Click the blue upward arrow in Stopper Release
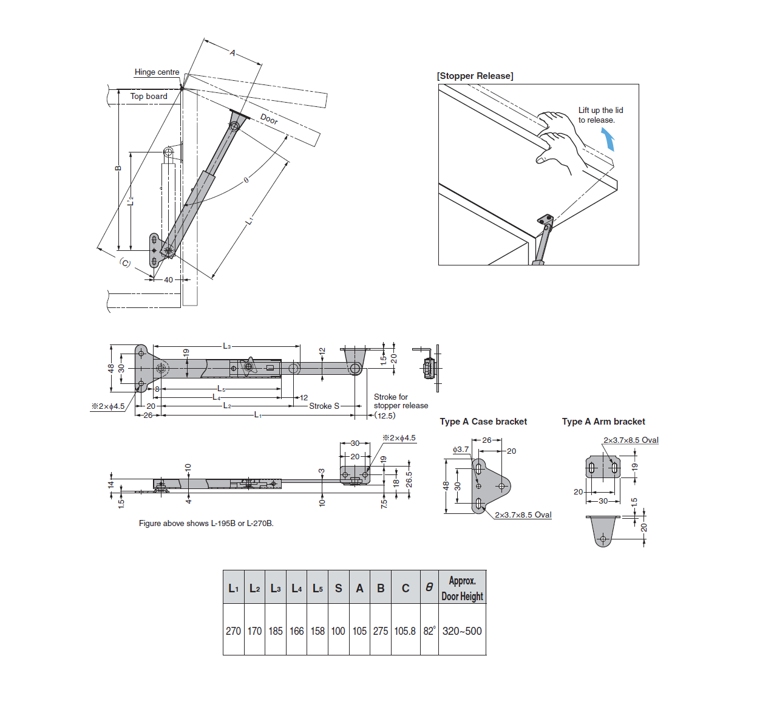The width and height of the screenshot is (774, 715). (x=609, y=140)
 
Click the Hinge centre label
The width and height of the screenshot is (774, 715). (x=157, y=72)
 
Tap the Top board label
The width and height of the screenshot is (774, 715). (x=149, y=97)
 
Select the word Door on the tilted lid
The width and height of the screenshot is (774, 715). (x=269, y=119)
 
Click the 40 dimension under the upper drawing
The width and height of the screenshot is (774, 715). (x=168, y=280)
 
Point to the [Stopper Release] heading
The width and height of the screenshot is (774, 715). (x=475, y=76)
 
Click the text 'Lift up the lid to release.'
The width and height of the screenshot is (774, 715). (x=600, y=115)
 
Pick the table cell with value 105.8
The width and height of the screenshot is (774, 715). (x=405, y=631)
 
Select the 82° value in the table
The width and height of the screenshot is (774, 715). (x=429, y=631)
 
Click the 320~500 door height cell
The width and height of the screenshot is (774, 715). (x=462, y=631)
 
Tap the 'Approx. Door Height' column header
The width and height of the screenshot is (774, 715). (x=462, y=588)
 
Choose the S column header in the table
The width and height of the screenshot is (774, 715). (x=338, y=588)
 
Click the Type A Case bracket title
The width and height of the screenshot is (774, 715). (x=483, y=422)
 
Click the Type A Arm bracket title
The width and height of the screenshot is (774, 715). (x=603, y=422)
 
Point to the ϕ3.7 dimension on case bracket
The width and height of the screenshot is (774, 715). (x=461, y=450)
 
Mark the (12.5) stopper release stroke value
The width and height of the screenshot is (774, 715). (x=385, y=416)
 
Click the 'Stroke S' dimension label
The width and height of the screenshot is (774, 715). (x=324, y=406)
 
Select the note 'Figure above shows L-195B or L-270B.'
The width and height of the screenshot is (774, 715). (x=206, y=523)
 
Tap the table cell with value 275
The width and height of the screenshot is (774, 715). (x=381, y=631)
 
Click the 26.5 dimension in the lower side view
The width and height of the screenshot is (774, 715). (x=409, y=479)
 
